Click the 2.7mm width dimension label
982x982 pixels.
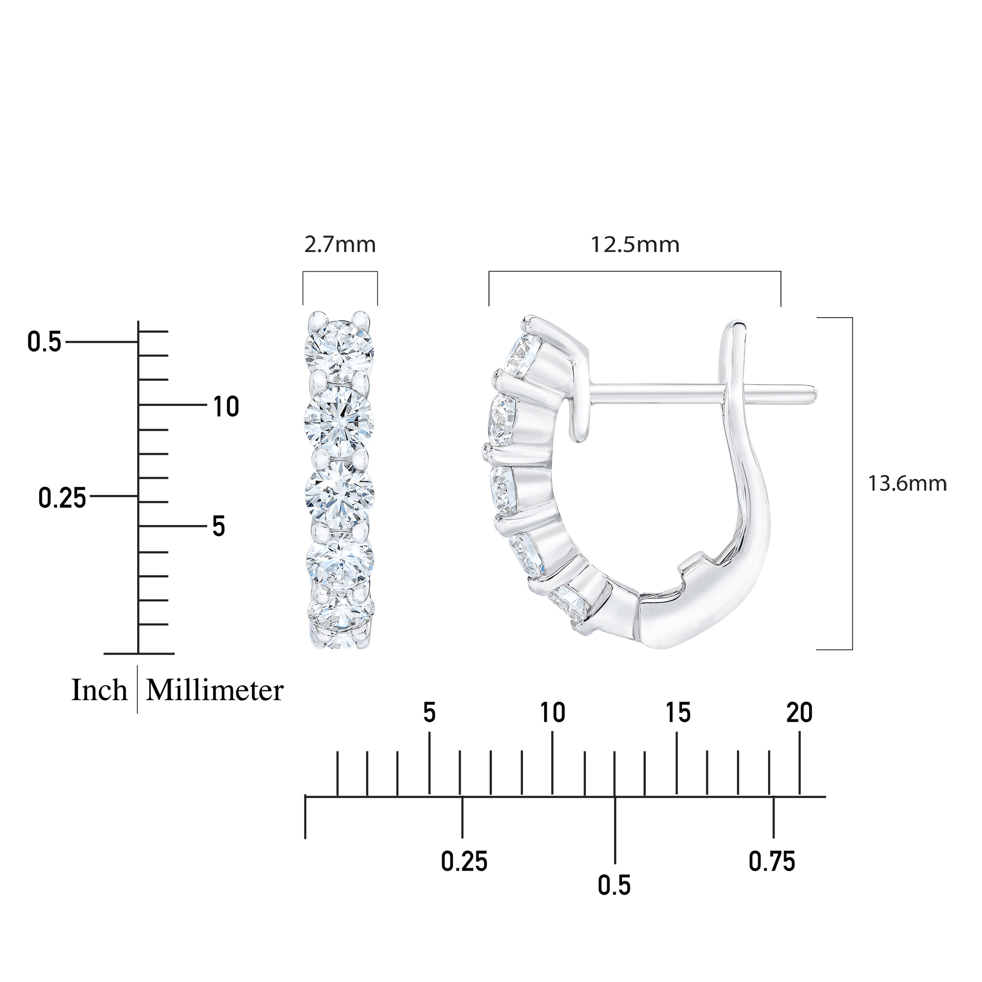[340, 245]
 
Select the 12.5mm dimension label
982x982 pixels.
[635, 245]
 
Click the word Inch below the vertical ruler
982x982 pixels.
[99, 690]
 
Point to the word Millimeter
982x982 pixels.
[214, 690]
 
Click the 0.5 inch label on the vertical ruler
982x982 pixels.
[44, 342]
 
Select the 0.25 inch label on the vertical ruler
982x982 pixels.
[63, 498]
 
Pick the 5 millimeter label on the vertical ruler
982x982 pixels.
[218, 527]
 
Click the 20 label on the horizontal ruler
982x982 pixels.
[800, 713]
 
